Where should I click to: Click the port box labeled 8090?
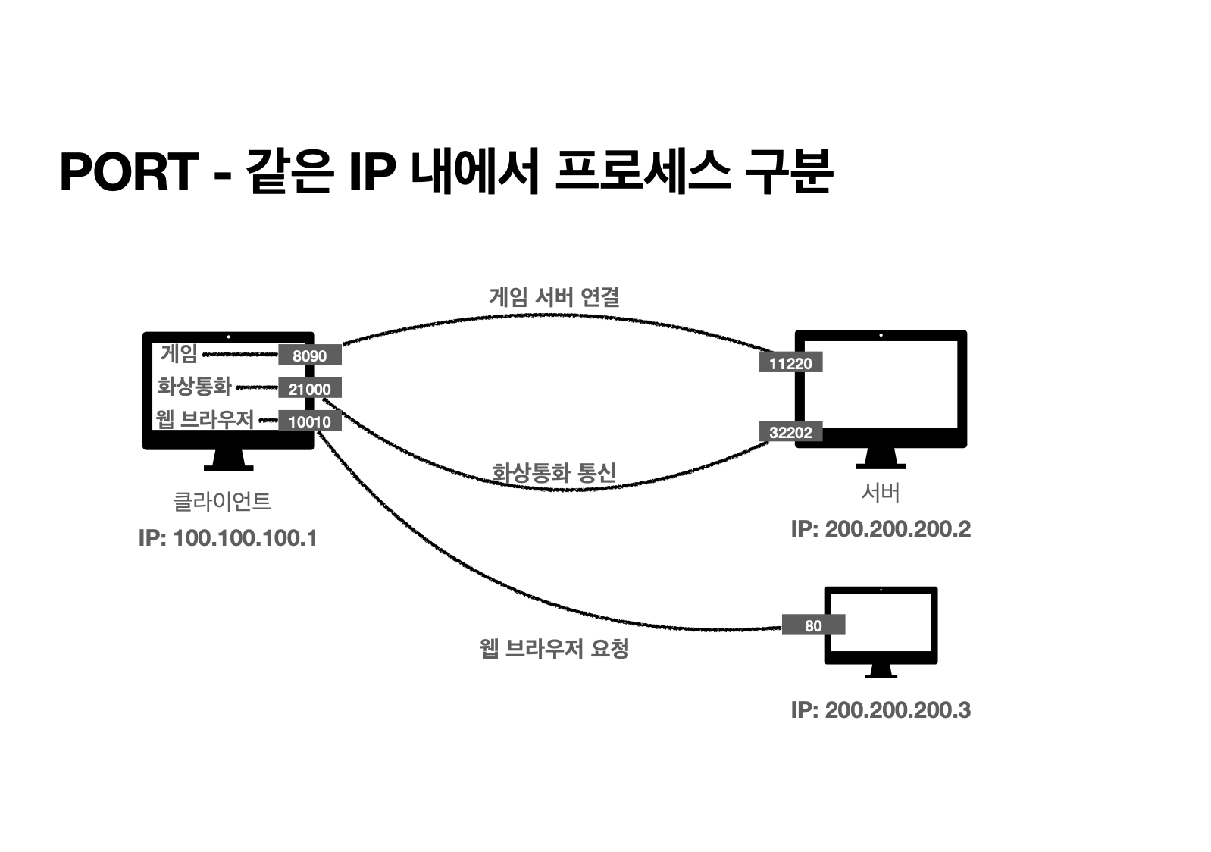309,356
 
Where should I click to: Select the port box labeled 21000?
309,389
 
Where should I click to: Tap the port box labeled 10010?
309,421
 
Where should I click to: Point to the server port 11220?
790,363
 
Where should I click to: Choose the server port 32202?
790,432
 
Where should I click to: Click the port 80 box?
813,625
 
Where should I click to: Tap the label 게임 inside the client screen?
179,353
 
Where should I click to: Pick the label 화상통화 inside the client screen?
194,387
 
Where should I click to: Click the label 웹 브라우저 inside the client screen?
204,419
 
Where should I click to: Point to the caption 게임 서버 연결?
554,296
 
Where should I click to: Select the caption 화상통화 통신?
554,473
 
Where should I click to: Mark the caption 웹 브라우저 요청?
554,649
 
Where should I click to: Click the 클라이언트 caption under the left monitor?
222,501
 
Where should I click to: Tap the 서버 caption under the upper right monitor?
880,493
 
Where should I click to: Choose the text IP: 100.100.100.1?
227,538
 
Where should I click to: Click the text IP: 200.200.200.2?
880,529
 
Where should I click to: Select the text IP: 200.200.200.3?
880,710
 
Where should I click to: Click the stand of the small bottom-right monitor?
881,672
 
